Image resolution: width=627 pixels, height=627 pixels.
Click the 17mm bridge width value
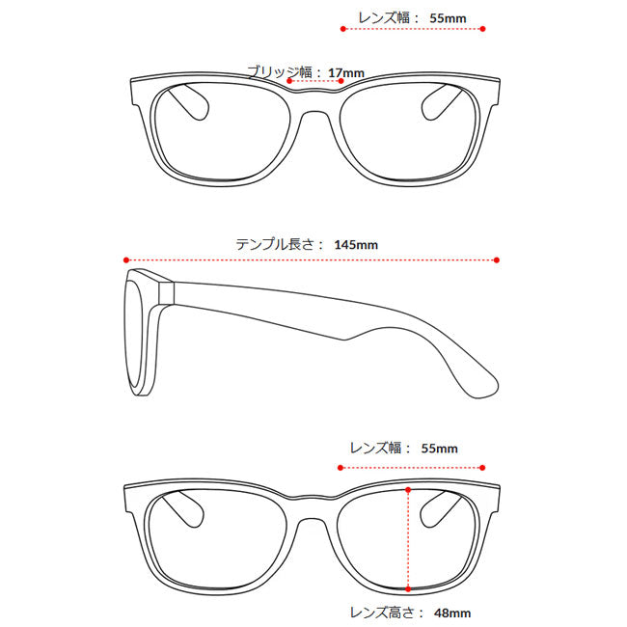click(x=346, y=73)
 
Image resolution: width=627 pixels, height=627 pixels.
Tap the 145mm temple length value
click(x=356, y=245)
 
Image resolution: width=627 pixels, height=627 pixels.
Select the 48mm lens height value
click(x=452, y=613)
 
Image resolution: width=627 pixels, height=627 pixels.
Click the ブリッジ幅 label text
click(x=280, y=72)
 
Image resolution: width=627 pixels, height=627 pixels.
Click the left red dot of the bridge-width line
click(x=289, y=81)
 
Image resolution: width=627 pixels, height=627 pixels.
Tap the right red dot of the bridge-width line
click(x=341, y=81)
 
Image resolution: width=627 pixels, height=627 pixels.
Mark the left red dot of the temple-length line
click(x=126, y=260)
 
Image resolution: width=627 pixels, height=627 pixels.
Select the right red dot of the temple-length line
click(x=497, y=260)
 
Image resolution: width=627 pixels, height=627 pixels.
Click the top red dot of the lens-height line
click(x=408, y=490)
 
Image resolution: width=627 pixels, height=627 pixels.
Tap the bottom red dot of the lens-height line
click(x=408, y=589)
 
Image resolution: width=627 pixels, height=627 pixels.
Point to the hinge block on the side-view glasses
click(x=166, y=292)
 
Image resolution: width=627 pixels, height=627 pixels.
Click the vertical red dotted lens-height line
click(x=408, y=539)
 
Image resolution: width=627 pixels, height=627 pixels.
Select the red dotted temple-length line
click(x=312, y=260)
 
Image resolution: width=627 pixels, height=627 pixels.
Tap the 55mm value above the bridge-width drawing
click(x=448, y=18)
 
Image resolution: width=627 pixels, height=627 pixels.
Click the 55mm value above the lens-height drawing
click(x=440, y=449)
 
